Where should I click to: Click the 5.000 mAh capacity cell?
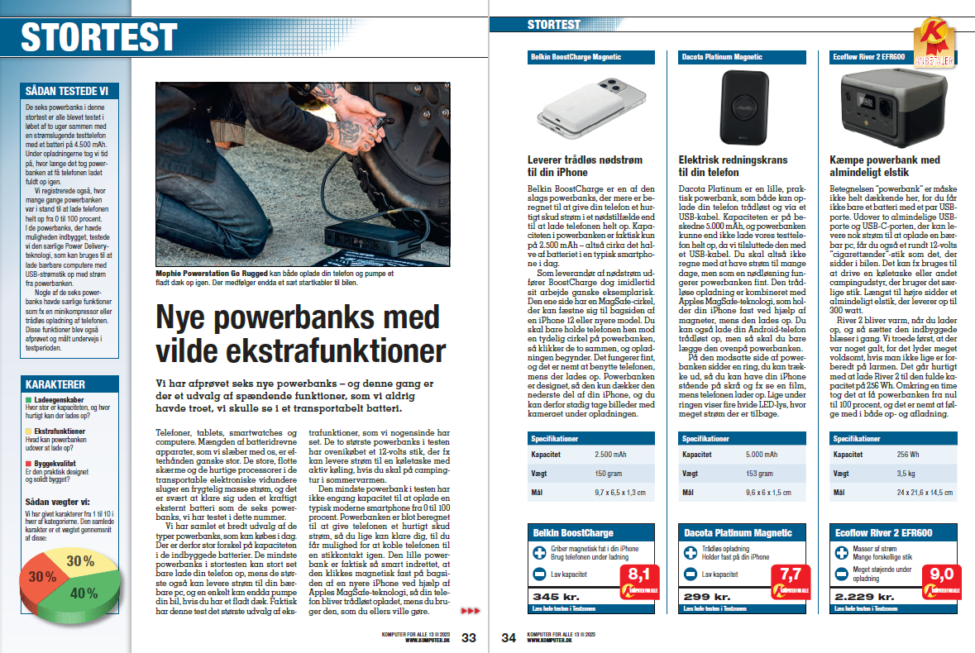(765, 454)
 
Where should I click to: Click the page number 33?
(469, 637)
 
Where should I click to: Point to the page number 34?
(509, 637)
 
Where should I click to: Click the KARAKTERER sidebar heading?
(56, 384)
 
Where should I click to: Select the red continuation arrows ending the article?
(469, 611)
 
